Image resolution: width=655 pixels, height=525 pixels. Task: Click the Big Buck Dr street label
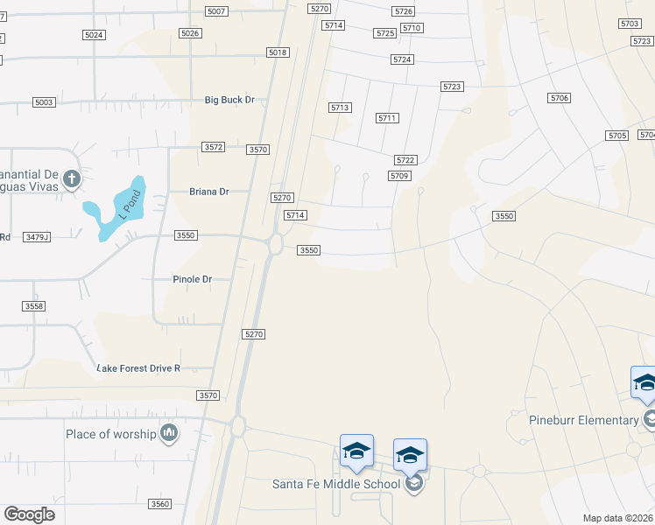point(229,100)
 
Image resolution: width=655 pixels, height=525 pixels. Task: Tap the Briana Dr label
point(209,191)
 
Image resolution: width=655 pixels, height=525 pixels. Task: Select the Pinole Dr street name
point(193,279)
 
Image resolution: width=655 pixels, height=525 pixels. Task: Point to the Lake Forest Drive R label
point(138,368)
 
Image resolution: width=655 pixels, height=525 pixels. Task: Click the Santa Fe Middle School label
point(336,484)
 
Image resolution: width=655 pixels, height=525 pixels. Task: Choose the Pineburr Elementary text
point(584,420)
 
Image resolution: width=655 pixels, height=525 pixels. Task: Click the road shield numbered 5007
point(216,10)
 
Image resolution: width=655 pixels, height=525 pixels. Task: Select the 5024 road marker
point(94,34)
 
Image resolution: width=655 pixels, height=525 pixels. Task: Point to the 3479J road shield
point(38,236)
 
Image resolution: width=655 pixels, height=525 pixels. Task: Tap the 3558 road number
point(33,305)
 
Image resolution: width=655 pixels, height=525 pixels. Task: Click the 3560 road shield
point(159,504)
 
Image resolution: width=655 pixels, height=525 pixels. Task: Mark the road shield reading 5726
point(404,10)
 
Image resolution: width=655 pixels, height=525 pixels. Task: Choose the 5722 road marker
point(405,160)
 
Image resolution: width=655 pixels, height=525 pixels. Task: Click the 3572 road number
point(214,147)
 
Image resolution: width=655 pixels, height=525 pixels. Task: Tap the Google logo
point(29,514)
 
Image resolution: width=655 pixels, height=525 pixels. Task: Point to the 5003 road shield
point(44,102)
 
